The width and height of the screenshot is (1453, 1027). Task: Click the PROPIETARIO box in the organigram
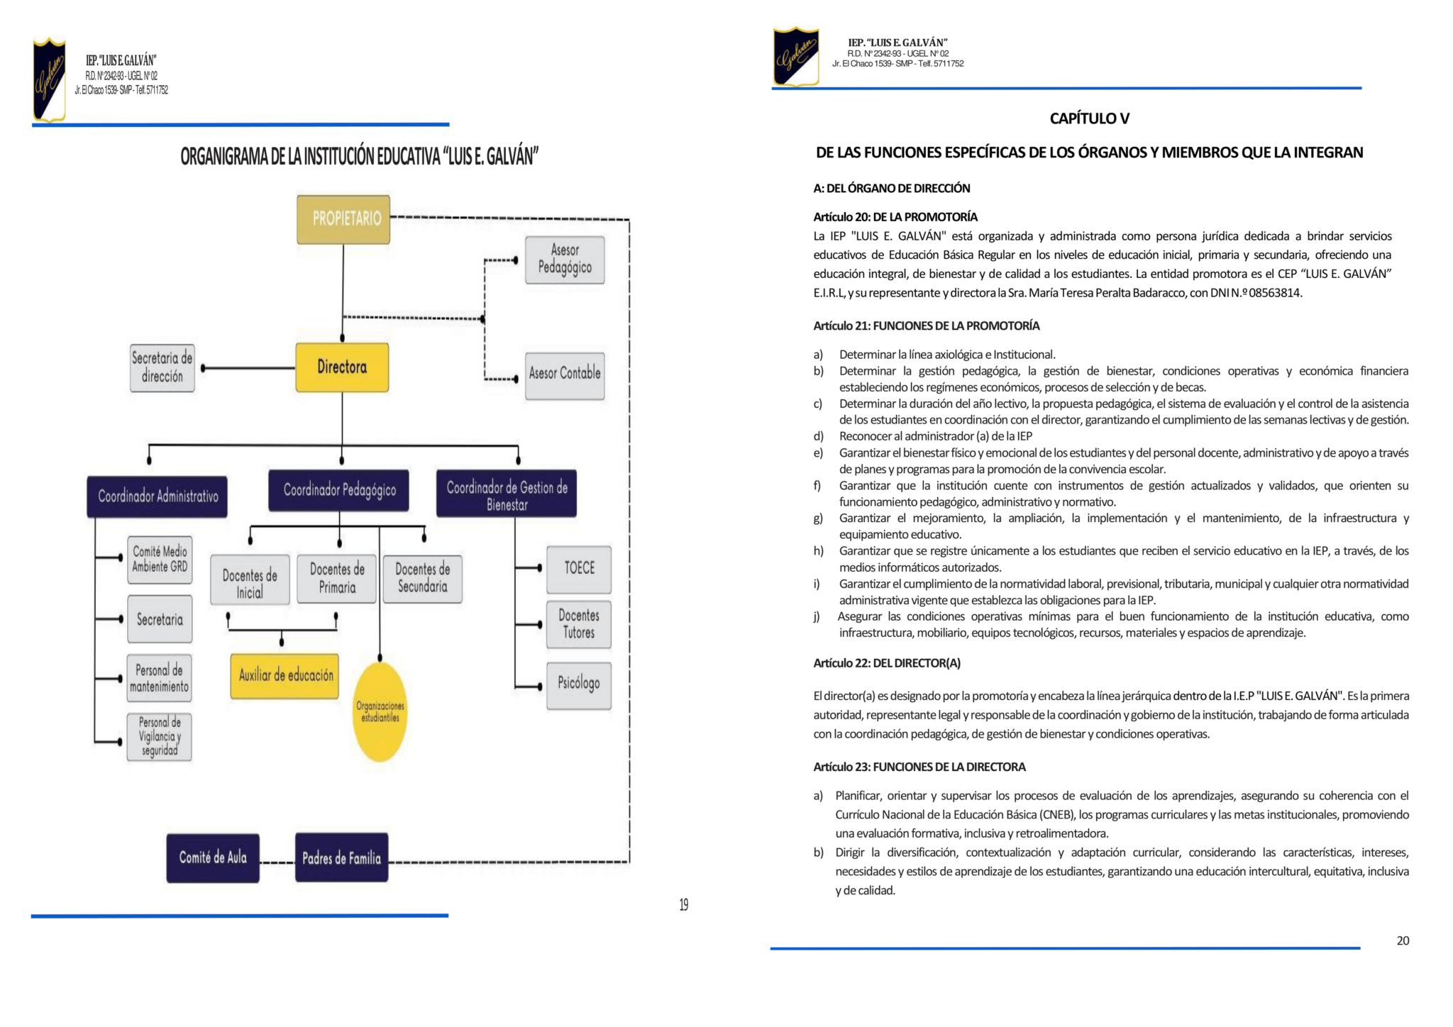(x=343, y=219)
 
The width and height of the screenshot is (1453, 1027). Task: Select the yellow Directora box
(x=342, y=367)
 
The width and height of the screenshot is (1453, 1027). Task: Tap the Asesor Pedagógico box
(x=565, y=260)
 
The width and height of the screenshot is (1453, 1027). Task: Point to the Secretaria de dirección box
(x=162, y=367)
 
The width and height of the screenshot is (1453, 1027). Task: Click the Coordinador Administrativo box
(x=158, y=496)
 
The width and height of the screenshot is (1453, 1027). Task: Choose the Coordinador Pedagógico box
(x=339, y=490)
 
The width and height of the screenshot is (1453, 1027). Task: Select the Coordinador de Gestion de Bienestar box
(x=507, y=494)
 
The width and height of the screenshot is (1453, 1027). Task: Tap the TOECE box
(x=579, y=569)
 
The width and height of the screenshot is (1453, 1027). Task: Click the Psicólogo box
(x=579, y=684)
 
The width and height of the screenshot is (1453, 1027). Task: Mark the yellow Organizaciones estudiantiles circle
(x=380, y=711)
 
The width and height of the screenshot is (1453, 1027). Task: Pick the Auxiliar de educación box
(x=285, y=676)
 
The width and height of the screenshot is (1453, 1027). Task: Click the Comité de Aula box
(x=213, y=858)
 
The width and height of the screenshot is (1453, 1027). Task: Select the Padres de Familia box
(x=341, y=858)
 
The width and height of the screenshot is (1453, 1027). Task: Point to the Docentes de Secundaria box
(x=422, y=579)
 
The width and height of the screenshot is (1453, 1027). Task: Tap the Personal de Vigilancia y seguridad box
(x=160, y=737)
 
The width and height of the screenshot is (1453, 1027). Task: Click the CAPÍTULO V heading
(x=1089, y=118)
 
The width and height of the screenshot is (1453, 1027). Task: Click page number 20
(x=1403, y=941)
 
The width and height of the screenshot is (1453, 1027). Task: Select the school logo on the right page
(x=795, y=57)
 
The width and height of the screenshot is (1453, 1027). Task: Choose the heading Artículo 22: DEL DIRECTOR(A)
(x=887, y=663)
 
